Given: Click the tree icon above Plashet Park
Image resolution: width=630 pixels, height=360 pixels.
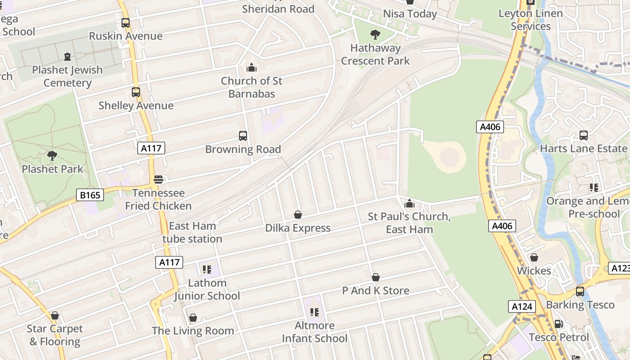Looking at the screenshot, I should pyautogui.click(x=52, y=156).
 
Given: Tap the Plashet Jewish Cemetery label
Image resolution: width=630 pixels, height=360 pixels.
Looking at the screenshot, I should pyautogui.click(x=67, y=76).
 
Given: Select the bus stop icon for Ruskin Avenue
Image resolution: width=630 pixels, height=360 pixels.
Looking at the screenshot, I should pyautogui.click(x=126, y=22).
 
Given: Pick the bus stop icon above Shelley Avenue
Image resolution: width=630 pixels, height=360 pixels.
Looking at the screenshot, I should pyautogui.click(x=136, y=92).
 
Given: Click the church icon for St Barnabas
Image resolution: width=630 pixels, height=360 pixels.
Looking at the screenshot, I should pyautogui.click(x=252, y=68).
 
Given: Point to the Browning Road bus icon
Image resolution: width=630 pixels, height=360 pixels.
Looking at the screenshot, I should pyautogui.click(x=243, y=136).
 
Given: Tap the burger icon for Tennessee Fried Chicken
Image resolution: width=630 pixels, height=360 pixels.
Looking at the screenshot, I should pyautogui.click(x=158, y=180).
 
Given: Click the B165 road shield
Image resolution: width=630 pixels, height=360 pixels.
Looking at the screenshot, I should pyautogui.click(x=90, y=195).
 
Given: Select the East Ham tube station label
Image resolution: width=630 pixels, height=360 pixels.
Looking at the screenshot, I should pyautogui.click(x=193, y=232).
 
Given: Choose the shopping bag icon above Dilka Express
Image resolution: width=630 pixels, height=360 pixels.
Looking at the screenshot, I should pyautogui.click(x=297, y=215).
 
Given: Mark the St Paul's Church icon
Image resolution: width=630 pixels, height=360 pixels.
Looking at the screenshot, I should pyautogui.click(x=409, y=203).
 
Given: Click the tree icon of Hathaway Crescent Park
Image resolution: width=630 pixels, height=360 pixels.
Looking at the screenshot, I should pyautogui.click(x=375, y=35).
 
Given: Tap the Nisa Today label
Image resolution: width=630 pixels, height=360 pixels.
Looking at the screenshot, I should pyautogui.click(x=410, y=14).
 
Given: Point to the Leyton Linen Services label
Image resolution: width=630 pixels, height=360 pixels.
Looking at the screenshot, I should pyautogui.click(x=531, y=20).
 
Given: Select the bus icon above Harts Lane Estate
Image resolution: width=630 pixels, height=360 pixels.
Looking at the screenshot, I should pyautogui.click(x=584, y=135).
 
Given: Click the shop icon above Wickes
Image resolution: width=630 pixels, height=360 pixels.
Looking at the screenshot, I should pyautogui.click(x=534, y=257).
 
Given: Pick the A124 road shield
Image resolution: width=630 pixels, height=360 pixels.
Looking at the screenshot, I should pyautogui.click(x=522, y=307).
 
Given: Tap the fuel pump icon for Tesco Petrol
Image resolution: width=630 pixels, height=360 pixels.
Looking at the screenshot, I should pyautogui.click(x=558, y=324).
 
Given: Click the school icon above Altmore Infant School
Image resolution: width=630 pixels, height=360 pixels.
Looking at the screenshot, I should pyautogui.click(x=315, y=312).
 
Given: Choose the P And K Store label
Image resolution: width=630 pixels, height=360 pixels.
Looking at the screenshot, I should pyautogui.click(x=376, y=291).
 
